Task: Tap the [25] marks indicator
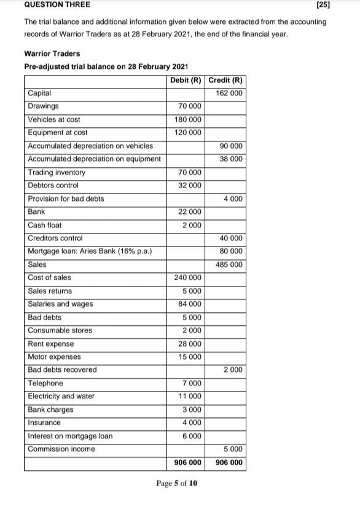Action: [323, 5]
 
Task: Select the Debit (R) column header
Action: [186, 81]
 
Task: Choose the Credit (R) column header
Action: [226, 81]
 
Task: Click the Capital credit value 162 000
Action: [229, 93]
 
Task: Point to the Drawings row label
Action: [44, 106]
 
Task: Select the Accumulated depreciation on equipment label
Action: [95, 159]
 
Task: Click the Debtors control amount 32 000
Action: [190, 186]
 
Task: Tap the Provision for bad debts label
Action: [66, 199]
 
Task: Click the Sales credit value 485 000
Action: [229, 265]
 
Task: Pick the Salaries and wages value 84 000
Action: [190, 304]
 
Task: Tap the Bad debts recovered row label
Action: [63, 370]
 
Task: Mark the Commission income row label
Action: [61, 449]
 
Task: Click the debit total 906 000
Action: [187, 463]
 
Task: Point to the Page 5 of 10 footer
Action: [177, 483]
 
